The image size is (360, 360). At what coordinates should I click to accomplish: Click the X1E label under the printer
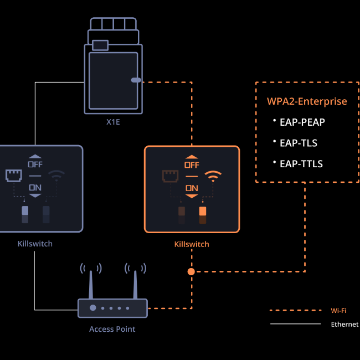coord(113,122)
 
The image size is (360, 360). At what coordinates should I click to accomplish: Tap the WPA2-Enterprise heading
coord(307,101)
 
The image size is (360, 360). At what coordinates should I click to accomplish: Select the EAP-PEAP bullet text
coord(302,122)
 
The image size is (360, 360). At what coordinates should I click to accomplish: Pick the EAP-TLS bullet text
coord(298,143)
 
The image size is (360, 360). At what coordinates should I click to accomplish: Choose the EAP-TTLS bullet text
coord(301,164)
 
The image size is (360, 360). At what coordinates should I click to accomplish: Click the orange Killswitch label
coord(192,244)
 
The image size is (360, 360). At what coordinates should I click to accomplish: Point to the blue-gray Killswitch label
coord(35,244)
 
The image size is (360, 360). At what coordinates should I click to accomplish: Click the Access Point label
coord(112,329)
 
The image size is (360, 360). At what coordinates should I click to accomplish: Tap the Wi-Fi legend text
coord(338,311)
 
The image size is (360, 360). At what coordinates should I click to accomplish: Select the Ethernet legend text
coord(344,324)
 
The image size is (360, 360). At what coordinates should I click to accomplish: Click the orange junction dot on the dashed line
coord(191,271)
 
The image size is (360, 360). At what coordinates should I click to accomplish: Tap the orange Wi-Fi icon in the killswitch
coord(213,176)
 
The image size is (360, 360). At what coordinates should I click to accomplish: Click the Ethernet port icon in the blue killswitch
coord(14,176)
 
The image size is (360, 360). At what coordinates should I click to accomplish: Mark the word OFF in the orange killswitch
coord(192,165)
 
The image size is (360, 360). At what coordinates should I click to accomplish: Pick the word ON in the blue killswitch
coord(35,188)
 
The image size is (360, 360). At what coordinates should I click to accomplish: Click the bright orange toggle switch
coord(203,211)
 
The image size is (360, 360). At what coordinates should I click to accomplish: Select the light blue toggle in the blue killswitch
coord(25,210)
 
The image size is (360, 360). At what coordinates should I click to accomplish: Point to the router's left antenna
coord(91,285)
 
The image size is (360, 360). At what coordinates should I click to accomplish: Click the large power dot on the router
coord(92,307)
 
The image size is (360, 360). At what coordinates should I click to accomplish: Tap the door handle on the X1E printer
coord(136,80)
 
